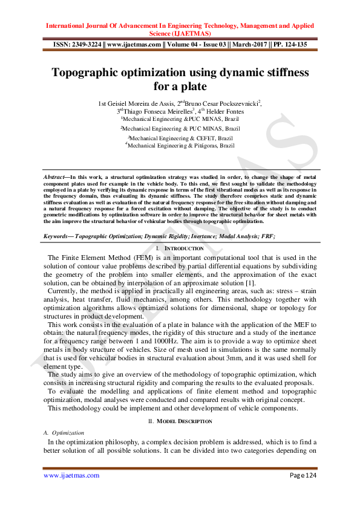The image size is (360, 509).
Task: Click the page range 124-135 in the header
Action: [297, 44]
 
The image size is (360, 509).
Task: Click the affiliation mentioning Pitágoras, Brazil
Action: [180, 146]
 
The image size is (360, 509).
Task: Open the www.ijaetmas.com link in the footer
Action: [71, 476]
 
